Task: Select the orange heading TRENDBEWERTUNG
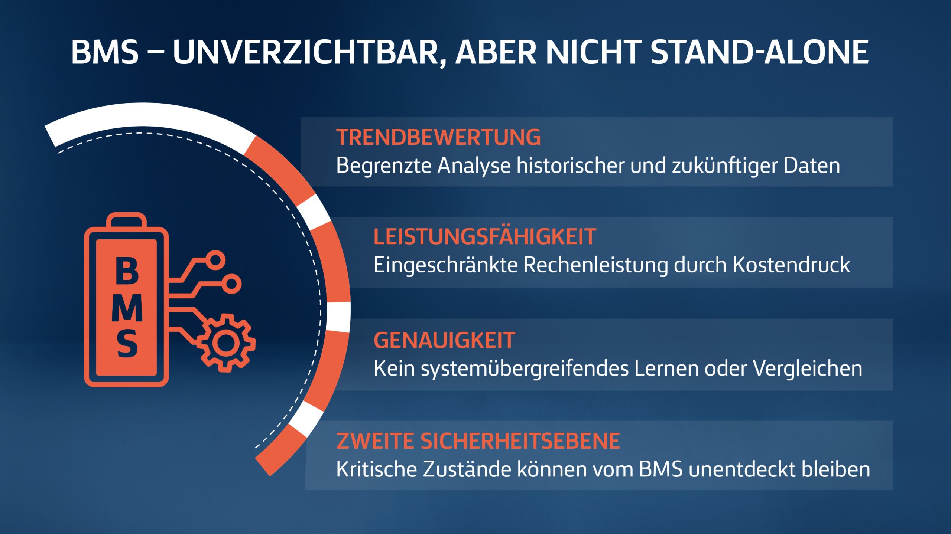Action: point(438,137)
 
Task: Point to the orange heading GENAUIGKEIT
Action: point(444,340)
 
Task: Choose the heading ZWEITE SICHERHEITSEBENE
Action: point(478,441)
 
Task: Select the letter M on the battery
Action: point(127,307)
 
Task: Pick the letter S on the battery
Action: point(127,344)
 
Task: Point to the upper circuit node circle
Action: point(215,260)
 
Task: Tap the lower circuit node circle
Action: point(231,284)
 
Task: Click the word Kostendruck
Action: point(791,265)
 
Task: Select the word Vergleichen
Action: point(808,368)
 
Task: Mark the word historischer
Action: point(571,165)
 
